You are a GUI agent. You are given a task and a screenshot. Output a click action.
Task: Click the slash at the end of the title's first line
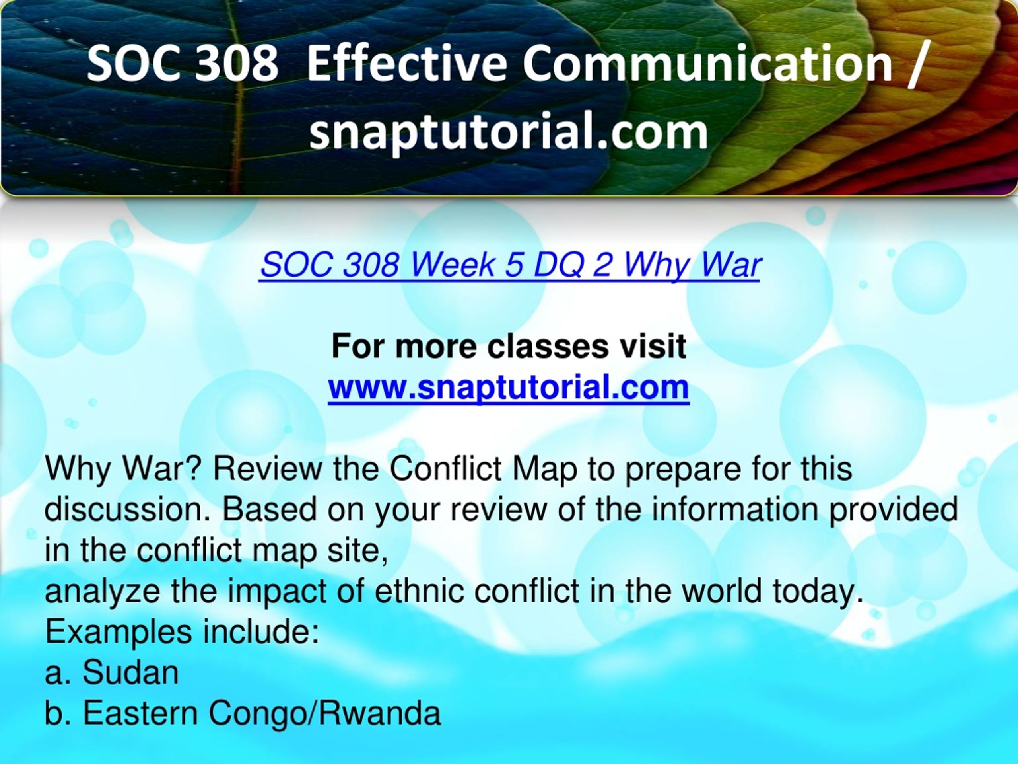pos(916,64)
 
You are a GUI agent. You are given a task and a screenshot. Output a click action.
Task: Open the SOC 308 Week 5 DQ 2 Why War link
pos(509,266)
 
